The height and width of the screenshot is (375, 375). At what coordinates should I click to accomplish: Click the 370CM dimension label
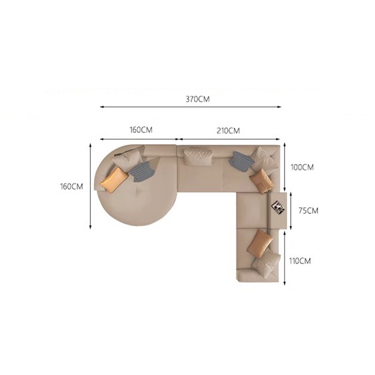click(197, 99)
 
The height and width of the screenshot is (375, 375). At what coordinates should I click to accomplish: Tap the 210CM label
click(228, 131)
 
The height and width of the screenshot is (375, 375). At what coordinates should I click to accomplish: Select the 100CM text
click(302, 167)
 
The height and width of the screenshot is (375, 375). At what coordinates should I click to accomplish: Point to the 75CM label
click(308, 210)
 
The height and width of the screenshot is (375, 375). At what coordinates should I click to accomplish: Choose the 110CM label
click(300, 261)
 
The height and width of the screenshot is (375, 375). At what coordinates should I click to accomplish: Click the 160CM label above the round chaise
click(141, 130)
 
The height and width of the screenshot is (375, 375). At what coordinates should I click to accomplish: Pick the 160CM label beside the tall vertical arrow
click(71, 186)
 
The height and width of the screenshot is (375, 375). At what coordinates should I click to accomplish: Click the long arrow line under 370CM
click(190, 107)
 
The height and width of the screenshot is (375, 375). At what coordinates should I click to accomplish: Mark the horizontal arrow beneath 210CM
click(229, 139)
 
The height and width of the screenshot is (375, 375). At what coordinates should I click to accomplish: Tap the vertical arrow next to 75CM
click(291, 210)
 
